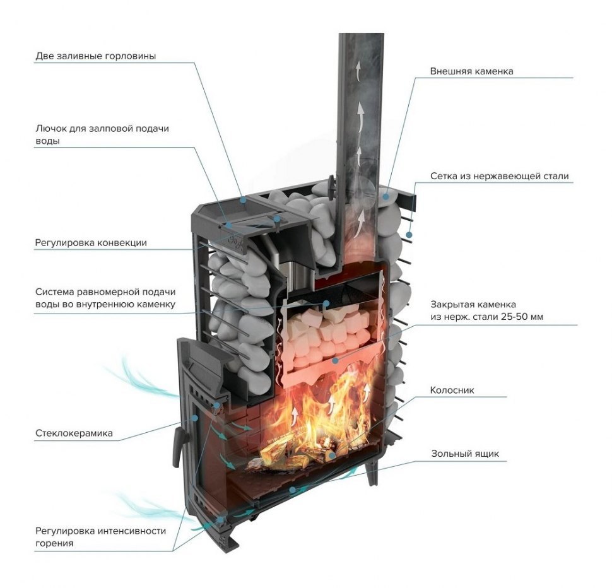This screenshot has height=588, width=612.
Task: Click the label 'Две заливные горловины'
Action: point(96,56)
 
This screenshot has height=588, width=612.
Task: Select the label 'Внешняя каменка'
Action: point(471,71)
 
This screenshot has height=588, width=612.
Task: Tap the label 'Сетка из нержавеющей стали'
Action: point(499,176)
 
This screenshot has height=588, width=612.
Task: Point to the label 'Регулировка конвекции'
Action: point(91,242)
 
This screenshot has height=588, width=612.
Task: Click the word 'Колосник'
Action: point(452,391)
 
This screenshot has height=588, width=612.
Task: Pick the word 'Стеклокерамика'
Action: point(74,433)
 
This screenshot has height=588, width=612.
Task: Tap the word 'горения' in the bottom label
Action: point(54,543)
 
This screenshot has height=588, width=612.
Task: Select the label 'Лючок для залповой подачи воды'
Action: point(102,134)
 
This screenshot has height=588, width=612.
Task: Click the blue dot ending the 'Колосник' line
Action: point(332,454)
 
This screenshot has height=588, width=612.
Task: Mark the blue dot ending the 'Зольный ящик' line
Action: point(292,489)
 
